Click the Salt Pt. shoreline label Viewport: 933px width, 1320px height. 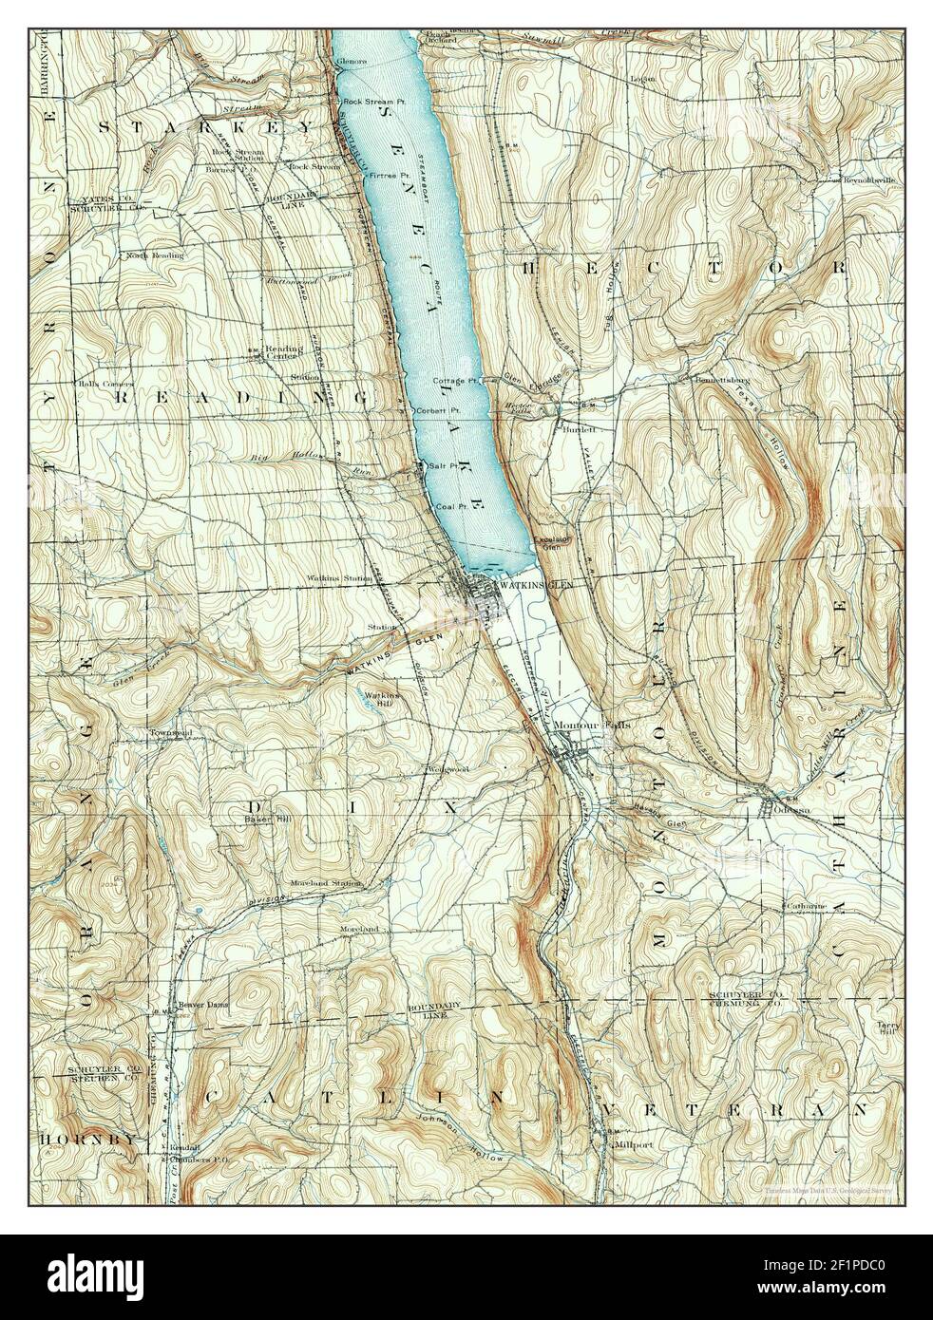click(443, 465)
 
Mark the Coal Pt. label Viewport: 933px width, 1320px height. click(448, 507)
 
